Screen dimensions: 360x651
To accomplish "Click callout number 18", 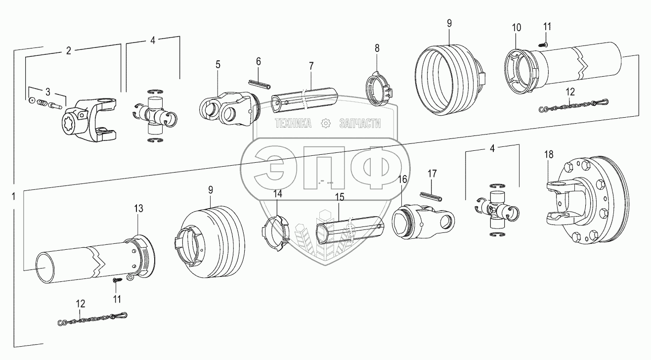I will [548, 155].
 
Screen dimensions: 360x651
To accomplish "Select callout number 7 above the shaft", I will [311, 66].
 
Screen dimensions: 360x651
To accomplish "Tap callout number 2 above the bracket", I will [68, 50].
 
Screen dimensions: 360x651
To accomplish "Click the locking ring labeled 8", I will [379, 89].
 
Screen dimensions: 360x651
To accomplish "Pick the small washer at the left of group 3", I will [32, 100].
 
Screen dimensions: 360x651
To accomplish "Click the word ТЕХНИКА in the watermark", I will [294, 124].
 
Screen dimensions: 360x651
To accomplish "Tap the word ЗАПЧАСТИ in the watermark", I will [360, 124].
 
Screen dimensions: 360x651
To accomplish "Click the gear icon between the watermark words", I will [325, 123].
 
